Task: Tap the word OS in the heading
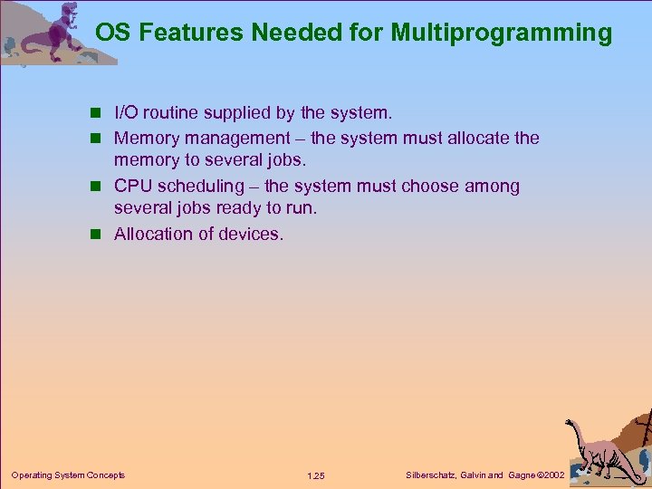pos(112,34)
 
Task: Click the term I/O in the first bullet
pos(127,113)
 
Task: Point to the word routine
pos(174,113)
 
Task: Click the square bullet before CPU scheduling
pos(101,187)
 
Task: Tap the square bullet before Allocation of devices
pos(101,235)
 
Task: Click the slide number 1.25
pos(316,475)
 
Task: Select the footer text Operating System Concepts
pos(68,475)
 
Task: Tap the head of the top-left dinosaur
pos(65,13)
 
